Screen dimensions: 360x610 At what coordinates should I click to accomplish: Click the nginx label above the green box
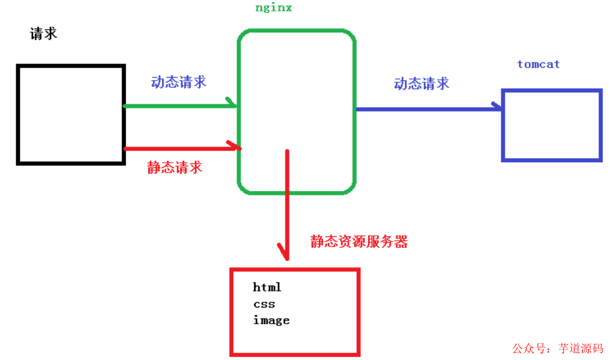pyautogui.click(x=273, y=8)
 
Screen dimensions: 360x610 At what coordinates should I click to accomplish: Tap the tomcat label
pyautogui.click(x=538, y=64)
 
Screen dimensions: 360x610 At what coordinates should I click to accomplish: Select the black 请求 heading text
pyautogui.click(x=44, y=33)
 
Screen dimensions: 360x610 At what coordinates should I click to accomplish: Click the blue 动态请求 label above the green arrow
pyautogui.click(x=178, y=82)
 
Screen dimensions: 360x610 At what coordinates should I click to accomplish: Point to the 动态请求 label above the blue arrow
pyautogui.click(x=421, y=83)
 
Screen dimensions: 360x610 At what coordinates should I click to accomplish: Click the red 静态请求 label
pyautogui.click(x=174, y=167)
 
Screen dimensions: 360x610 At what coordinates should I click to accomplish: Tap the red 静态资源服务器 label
pyautogui.click(x=359, y=242)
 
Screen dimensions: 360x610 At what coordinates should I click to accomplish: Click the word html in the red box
pyautogui.click(x=267, y=287)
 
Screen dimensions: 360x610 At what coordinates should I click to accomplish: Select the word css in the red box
pyautogui.click(x=264, y=304)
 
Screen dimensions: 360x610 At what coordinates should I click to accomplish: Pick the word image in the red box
pyautogui.click(x=271, y=320)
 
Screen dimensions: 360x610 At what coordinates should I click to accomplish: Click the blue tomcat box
pyautogui.click(x=552, y=124)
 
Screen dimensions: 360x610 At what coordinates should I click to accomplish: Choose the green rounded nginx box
pyautogui.click(x=296, y=112)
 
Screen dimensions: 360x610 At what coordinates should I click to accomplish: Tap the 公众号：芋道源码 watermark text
pyautogui.click(x=557, y=348)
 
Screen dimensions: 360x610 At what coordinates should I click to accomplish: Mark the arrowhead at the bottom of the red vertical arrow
pyautogui.click(x=284, y=253)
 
